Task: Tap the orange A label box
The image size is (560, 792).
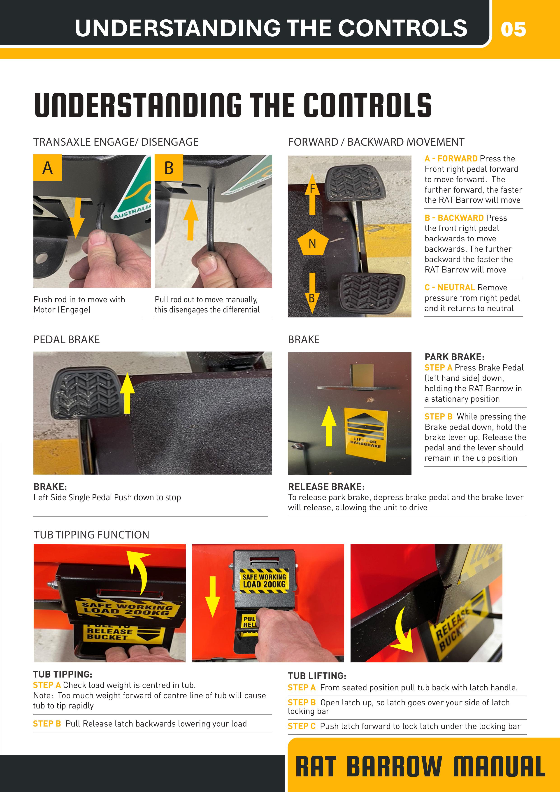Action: [48, 168]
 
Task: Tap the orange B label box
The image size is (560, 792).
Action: [169, 168]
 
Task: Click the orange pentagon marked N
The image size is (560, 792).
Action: [312, 242]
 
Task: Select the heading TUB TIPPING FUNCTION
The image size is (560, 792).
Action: [91, 535]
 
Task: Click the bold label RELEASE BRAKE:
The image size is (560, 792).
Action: [326, 487]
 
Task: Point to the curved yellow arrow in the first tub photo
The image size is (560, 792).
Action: [140, 572]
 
